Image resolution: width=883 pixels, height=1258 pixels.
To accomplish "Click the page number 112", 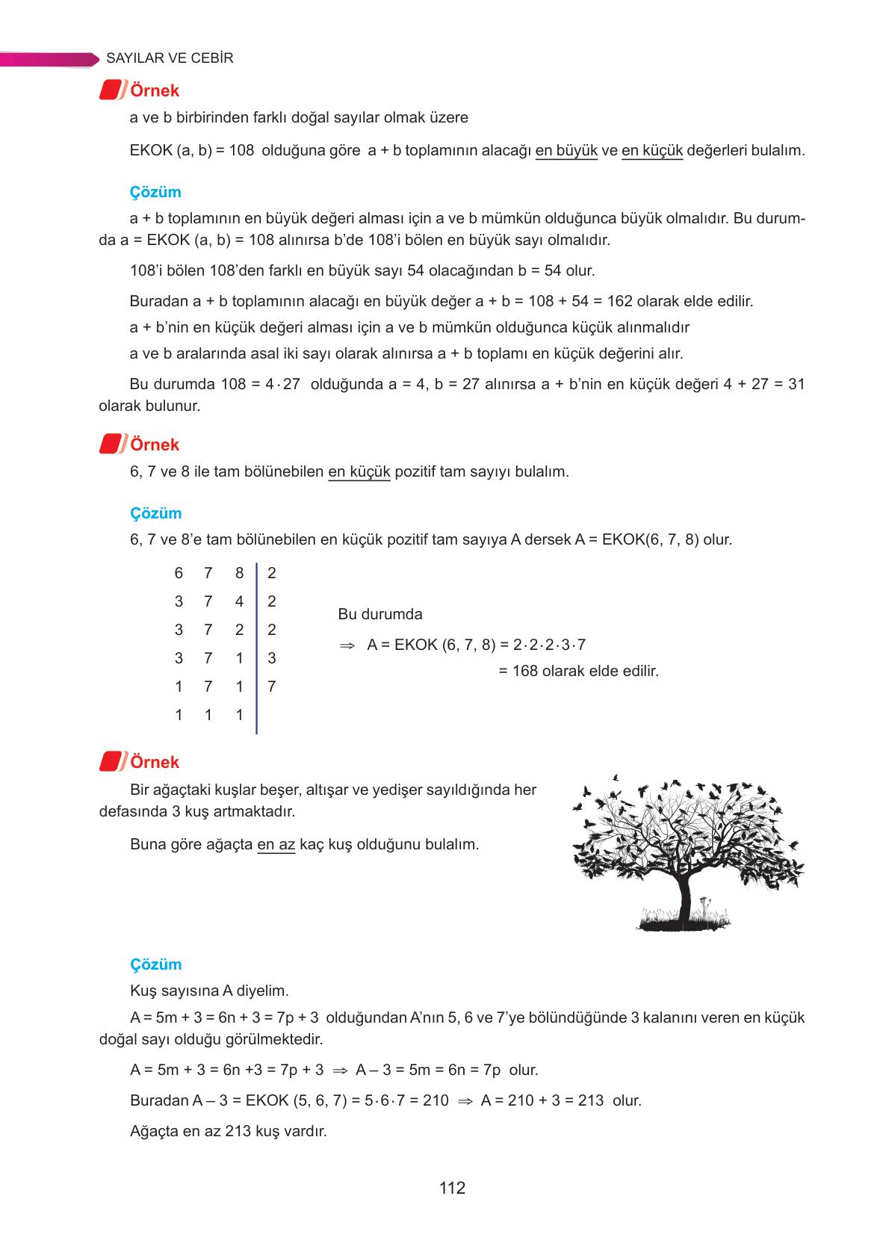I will click(452, 1188).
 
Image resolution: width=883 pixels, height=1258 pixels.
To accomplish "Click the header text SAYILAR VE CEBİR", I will click(170, 58).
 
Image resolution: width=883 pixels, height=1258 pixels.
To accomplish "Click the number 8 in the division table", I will click(239, 573).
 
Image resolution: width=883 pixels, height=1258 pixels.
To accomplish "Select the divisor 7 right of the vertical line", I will click(271, 687).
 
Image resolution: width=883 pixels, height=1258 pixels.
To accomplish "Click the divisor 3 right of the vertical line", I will click(271, 658).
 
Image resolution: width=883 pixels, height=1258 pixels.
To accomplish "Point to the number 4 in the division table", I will click(239, 601).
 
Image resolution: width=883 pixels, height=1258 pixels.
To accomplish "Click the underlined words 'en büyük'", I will click(566, 150).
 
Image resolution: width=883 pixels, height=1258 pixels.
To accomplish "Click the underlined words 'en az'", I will click(276, 845).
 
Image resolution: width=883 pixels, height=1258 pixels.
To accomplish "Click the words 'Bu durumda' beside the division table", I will click(379, 614).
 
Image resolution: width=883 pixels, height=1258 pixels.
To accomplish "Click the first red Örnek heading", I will click(155, 90).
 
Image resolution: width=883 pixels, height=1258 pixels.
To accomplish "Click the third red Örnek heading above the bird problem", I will click(155, 762).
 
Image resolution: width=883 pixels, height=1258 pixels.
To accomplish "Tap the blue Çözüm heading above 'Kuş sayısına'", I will click(155, 964).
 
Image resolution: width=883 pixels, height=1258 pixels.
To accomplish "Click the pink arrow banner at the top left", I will click(49, 59).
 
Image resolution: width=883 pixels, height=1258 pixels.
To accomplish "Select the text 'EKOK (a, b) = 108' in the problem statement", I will click(191, 150).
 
